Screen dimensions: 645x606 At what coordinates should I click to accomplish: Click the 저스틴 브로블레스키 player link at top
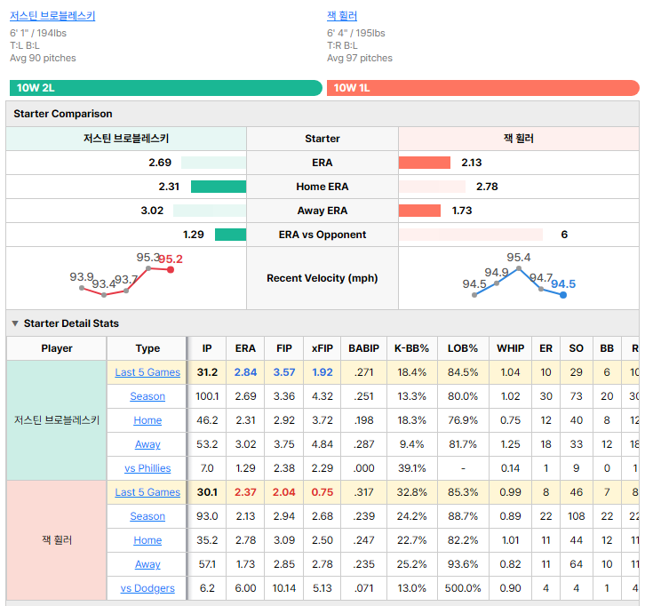[x=52, y=16]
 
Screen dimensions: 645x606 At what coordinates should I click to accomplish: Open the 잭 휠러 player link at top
[x=342, y=16]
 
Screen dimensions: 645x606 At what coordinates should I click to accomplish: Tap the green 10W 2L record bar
[x=166, y=88]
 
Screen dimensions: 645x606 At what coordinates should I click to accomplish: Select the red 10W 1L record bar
[x=483, y=88]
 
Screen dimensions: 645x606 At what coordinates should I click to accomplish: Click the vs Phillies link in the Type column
[x=147, y=468]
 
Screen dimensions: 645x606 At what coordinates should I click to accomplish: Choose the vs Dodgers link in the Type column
[x=147, y=588]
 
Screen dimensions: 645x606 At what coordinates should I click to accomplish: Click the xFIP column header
[x=322, y=348]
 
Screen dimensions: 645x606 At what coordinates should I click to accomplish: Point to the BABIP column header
[x=363, y=348]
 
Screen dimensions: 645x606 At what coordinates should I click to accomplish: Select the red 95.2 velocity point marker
[x=171, y=270]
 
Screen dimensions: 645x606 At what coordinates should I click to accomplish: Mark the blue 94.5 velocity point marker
[x=563, y=295]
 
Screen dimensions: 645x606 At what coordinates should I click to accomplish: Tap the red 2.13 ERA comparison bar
[x=425, y=163]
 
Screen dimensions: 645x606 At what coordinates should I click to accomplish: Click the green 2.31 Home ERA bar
[x=219, y=187]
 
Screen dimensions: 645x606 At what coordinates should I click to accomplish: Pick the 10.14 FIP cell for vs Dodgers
[x=283, y=588]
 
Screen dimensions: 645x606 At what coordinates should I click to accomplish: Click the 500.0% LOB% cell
[x=463, y=588]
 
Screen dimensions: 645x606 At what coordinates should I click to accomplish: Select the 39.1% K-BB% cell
[x=411, y=468]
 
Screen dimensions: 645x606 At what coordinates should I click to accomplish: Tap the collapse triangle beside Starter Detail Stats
[x=15, y=323]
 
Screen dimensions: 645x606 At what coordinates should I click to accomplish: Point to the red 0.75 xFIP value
[x=322, y=492]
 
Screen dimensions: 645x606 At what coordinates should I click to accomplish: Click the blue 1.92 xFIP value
[x=322, y=372]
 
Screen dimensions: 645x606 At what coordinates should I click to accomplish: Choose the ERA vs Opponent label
[x=322, y=235]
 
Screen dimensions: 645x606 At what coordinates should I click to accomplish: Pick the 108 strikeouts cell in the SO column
[x=576, y=516]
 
